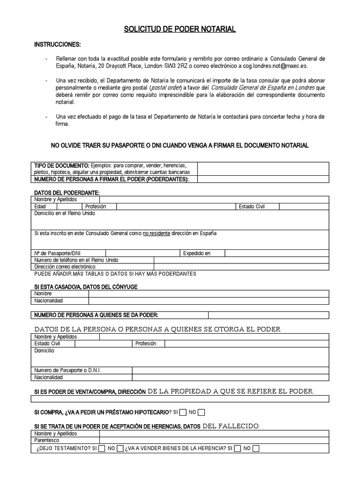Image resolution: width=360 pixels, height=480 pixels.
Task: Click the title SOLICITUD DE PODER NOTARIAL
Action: pos(180,30)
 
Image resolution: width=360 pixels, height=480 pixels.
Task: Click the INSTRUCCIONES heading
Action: pos(58,45)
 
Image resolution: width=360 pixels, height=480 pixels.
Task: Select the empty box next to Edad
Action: pos(69,207)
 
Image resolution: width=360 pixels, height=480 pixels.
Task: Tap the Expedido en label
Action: pos(196,253)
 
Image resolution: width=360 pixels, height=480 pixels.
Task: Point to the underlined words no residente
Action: pos(156,233)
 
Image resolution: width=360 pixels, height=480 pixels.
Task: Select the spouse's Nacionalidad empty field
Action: pos(209,300)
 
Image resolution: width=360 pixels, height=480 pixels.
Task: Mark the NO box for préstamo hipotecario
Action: pos(201,412)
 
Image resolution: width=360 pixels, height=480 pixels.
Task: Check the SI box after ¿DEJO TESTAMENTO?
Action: pos(102,449)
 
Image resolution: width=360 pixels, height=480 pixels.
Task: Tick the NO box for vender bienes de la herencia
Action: pos(256,449)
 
